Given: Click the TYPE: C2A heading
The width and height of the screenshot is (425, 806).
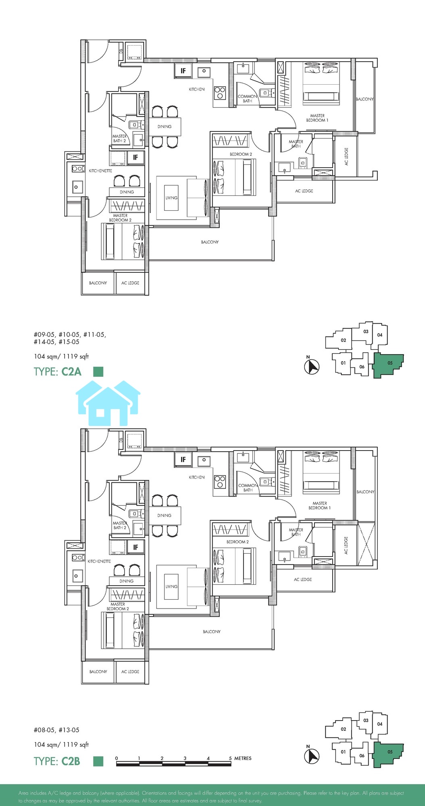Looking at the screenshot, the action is (58, 371).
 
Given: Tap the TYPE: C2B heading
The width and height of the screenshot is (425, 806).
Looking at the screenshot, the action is (57, 761).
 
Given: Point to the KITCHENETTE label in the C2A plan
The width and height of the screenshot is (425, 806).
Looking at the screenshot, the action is (100, 171).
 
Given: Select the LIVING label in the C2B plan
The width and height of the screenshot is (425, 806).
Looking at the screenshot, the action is (171, 586).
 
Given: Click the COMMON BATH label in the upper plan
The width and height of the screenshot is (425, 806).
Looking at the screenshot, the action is (248, 99).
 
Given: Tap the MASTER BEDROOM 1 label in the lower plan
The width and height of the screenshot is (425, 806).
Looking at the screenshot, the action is (320, 505).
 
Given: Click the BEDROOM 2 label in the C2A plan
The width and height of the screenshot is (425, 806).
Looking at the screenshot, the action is (241, 154).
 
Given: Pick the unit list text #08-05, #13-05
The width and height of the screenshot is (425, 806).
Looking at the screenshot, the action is (56, 730).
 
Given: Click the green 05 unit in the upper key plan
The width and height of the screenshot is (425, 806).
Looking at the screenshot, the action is (388, 364).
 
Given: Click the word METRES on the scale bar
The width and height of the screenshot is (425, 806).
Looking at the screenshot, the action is (243, 758).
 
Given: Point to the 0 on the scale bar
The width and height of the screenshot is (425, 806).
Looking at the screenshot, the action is (117, 758).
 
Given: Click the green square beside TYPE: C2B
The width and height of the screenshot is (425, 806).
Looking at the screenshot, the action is (98, 761).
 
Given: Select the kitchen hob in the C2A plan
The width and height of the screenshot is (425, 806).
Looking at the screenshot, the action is (220, 93).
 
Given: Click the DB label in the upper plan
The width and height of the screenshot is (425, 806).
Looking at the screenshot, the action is (121, 51).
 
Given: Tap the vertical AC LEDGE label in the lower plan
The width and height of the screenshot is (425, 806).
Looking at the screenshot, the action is (346, 545).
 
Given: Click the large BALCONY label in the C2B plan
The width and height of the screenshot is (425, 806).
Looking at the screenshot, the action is (212, 632).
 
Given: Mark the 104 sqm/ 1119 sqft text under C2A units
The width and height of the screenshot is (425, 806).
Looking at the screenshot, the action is (61, 356).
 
